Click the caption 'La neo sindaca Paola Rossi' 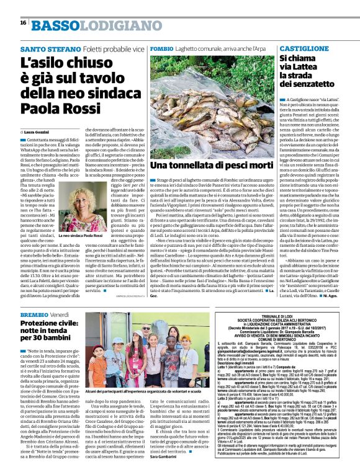(x=81, y=236)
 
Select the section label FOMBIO (x=161, y=48)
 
